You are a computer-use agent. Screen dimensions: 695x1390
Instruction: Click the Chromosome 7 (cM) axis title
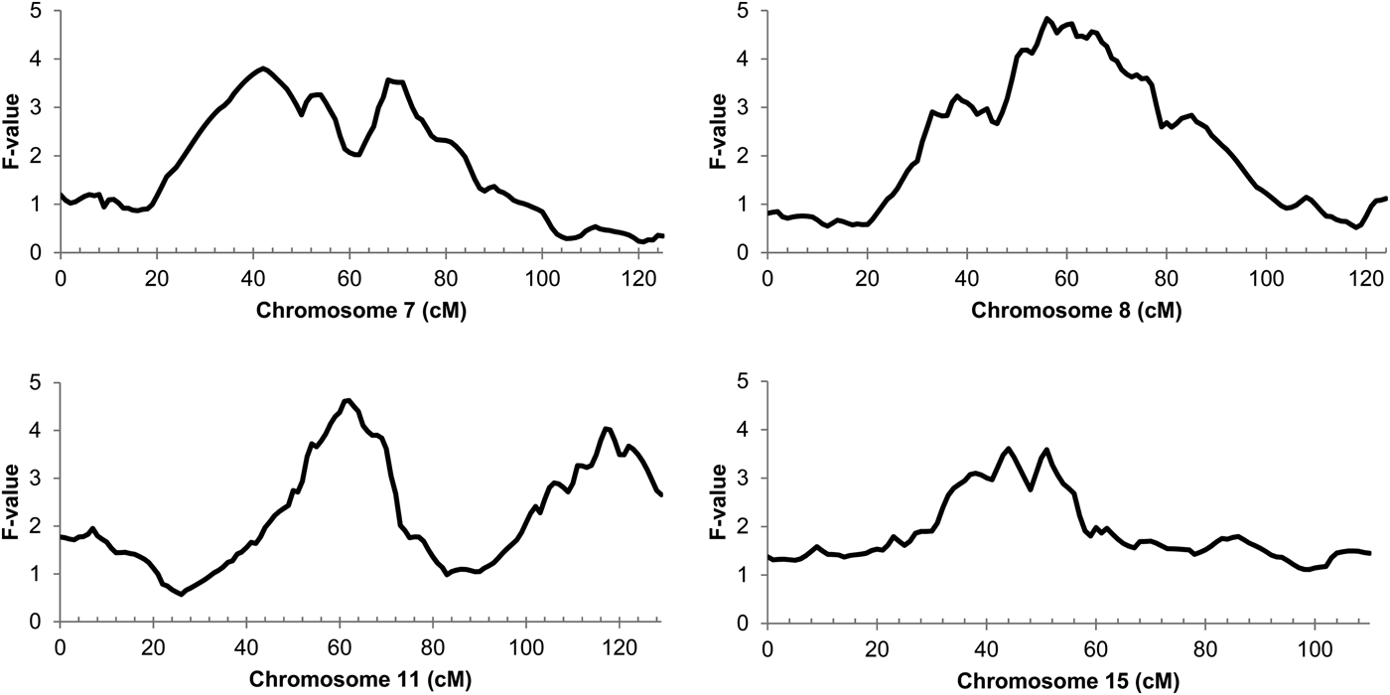click(362, 310)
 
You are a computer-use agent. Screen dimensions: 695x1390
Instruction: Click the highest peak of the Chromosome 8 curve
click(1046, 18)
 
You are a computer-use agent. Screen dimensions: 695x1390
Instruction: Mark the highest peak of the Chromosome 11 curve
click(347, 400)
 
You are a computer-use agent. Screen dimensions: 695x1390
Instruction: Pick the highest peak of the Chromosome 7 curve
click(262, 69)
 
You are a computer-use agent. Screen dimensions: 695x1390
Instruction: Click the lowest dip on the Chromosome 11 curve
click(181, 595)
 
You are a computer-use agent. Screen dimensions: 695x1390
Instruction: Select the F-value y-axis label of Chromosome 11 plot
click(13, 501)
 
